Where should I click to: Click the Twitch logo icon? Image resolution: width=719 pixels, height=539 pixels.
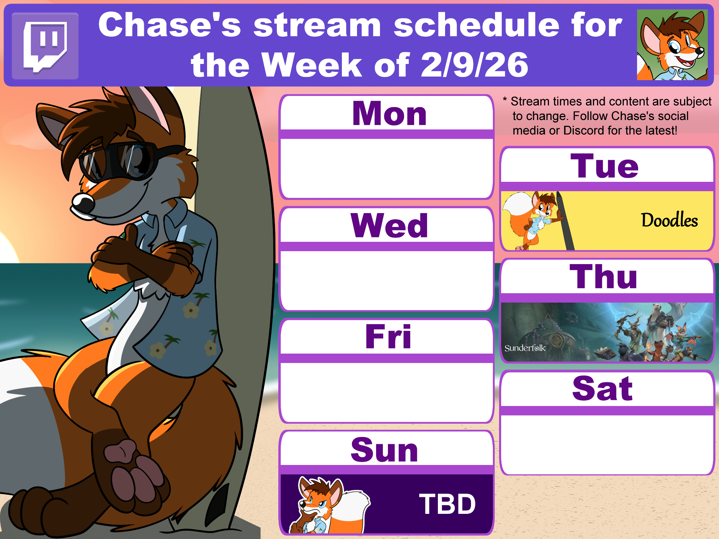point(45,46)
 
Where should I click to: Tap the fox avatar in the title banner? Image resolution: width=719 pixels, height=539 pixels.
point(672,45)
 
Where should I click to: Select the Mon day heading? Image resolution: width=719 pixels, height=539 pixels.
point(389,114)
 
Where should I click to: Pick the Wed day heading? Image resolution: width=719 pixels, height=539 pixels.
point(389,225)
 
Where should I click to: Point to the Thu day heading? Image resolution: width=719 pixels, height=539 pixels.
point(604,276)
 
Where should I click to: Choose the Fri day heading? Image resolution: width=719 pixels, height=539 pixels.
point(388,336)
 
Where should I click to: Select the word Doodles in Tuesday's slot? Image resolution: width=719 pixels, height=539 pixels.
point(669,220)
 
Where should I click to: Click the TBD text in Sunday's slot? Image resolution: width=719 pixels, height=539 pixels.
point(447,504)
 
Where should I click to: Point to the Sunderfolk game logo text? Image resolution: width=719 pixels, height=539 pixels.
point(525,348)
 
